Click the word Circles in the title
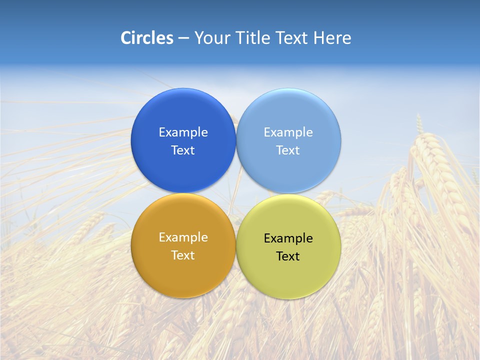[146, 38]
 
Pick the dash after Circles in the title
[183, 38]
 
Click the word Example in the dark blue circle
[183, 132]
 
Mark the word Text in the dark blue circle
[183, 150]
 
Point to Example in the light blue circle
[288, 132]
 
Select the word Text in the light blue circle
[288, 150]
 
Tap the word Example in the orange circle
[183, 237]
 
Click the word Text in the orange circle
[183, 255]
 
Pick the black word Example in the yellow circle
[288, 238]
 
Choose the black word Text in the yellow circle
[288, 256]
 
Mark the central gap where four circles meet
[236, 193]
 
